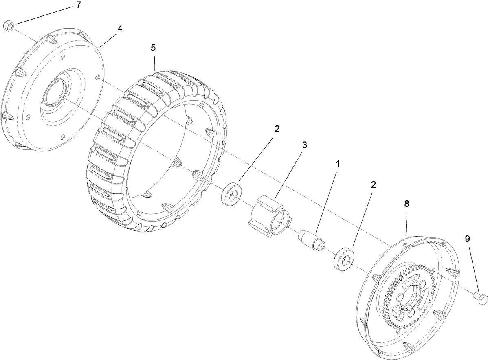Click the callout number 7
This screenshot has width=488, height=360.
pyautogui.click(x=78, y=5)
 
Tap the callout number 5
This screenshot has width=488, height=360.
pyautogui.click(x=153, y=48)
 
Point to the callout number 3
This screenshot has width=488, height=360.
pyautogui.click(x=304, y=145)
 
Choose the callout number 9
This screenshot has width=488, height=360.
pyautogui.click(x=467, y=238)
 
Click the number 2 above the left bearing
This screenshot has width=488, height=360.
pyautogui.click(x=277, y=129)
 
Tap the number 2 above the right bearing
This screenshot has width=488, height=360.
pyautogui.click(x=373, y=184)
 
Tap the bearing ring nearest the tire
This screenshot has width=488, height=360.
pyautogui.click(x=231, y=194)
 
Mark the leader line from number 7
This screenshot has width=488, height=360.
pyautogui.click(x=45, y=15)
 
